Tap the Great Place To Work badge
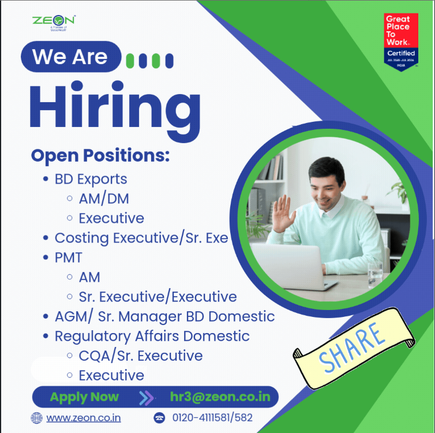click(401, 42)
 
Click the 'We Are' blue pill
click(70, 57)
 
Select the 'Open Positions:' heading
click(100, 155)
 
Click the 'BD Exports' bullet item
click(91, 179)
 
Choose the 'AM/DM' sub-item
click(103, 199)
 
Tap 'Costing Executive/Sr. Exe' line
click(141, 238)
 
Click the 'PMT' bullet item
click(68, 257)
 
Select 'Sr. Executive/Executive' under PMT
click(157, 297)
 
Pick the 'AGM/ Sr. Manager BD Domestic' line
click(164, 316)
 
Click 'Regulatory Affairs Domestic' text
click(152, 336)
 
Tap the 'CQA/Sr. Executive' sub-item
click(140, 356)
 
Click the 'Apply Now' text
click(84, 397)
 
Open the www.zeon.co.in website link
click(84, 417)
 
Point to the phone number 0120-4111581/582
click(212, 417)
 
